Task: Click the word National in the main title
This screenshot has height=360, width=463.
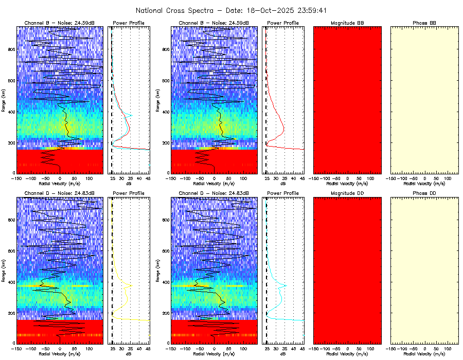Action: coord(152,10)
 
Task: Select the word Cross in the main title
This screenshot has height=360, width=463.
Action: coord(180,10)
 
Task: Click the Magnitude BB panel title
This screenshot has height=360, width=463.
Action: coord(347,23)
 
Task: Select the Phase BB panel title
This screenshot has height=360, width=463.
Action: coord(424,23)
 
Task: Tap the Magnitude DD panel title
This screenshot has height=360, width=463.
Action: coord(347,193)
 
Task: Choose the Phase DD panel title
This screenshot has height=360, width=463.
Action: coord(424,193)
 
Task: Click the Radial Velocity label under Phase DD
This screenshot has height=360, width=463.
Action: coord(424,354)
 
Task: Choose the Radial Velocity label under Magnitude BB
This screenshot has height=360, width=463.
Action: coord(347,184)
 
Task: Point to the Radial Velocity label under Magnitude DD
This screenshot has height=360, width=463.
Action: coord(347,354)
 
